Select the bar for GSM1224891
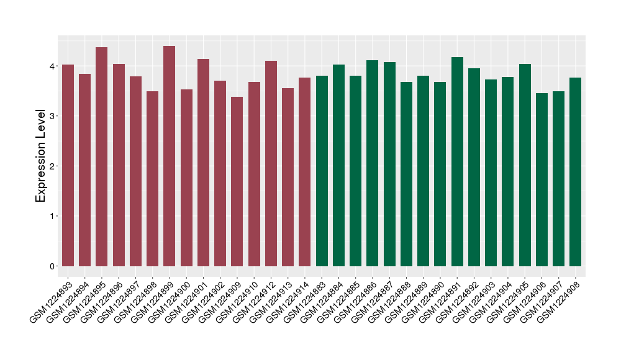[457, 161]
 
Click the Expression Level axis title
[41, 156]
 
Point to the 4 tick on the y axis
[53, 66]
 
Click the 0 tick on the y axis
[53, 266]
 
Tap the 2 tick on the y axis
[53, 166]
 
